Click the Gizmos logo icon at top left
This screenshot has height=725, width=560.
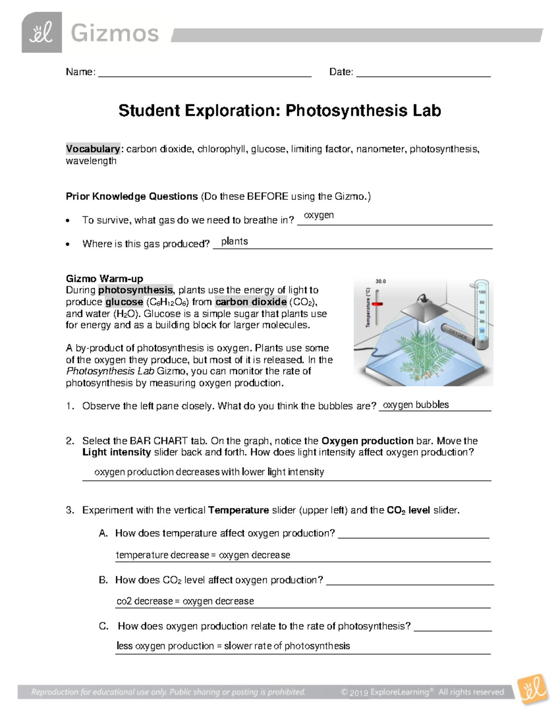(42, 33)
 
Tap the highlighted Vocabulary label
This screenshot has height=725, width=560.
(92, 149)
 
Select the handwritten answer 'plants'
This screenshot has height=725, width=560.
(234, 241)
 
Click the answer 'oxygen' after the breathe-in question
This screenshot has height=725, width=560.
(319, 215)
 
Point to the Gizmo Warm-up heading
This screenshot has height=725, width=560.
(105, 279)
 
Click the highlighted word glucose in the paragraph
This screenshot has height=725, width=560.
(124, 302)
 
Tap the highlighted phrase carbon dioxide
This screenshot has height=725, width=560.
(251, 302)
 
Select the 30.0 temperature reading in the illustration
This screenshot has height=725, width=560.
(381, 282)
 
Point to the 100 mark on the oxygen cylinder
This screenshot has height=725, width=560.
(482, 292)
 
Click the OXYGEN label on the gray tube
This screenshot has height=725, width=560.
(458, 334)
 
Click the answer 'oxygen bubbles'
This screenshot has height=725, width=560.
(416, 405)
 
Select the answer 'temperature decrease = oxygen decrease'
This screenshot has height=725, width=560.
(203, 555)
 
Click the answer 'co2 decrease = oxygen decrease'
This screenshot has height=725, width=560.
(185, 601)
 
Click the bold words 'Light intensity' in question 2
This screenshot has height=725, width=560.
(117, 452)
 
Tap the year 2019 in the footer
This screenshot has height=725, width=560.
(359, 693)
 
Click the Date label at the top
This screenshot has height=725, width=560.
(341, 72)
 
